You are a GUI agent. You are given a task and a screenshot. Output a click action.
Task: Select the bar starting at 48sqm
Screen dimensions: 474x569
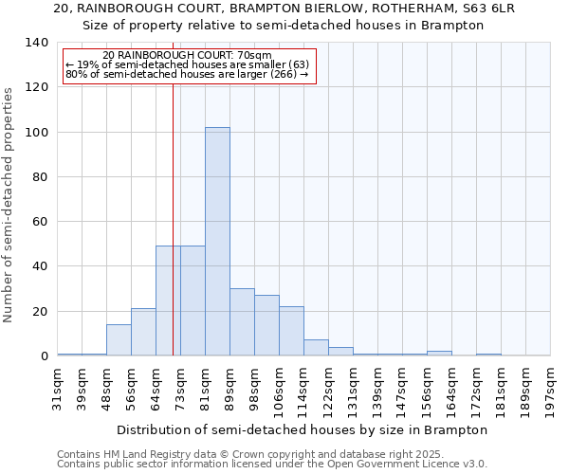pos(119,340)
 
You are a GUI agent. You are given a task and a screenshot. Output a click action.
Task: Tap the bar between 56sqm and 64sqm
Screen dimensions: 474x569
pos(143,333)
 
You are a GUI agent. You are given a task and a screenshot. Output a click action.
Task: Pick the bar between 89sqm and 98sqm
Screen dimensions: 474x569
pos(242,322)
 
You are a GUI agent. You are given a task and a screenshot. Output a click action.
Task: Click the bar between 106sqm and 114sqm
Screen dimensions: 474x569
pos(291,331)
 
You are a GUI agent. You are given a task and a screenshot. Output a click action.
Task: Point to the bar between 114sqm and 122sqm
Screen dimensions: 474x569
pos(316,348)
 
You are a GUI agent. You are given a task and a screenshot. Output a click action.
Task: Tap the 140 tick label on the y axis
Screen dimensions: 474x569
pos(36,43)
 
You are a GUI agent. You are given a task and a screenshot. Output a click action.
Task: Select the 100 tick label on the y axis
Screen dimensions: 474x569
pos(36,133)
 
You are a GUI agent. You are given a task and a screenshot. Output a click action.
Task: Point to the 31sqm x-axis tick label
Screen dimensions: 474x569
pos(58,389)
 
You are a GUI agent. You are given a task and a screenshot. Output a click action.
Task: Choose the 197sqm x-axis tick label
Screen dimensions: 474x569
pos(551,389)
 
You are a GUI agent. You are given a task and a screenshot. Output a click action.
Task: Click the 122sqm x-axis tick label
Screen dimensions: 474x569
pos(329,389)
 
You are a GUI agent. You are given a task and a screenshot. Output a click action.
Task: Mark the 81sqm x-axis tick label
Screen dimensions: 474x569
pos(206,389)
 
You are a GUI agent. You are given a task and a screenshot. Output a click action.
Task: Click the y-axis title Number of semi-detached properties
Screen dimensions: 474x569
pos(9,205)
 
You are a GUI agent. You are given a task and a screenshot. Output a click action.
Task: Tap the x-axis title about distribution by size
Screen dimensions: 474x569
pos(303,429)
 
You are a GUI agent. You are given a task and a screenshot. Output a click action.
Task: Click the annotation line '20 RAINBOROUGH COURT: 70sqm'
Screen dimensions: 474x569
pos(187,56)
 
